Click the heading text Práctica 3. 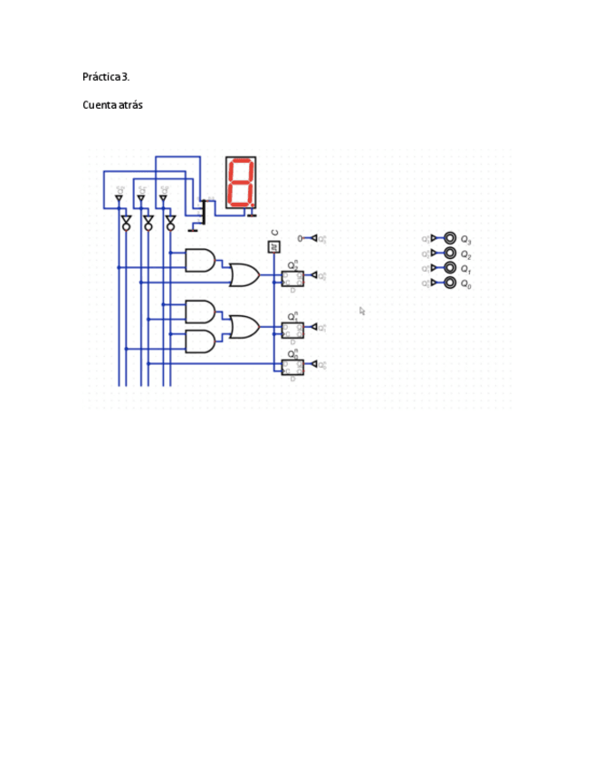(x=112, y=77)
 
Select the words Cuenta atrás (x=112, y=105)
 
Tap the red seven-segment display (x=241, y=183)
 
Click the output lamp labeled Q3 (x=450, y=238)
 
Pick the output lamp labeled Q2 (x=450, y=254)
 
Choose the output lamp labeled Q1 (x=450, y=268)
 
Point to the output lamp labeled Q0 (x=450, y=283)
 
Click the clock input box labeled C (x=274, y=246)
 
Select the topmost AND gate (x=200, y=260)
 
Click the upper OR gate (x=244, y=274)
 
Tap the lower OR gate (x=244, y=326)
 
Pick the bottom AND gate (x=200, y=341)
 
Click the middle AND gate (x=200, y=312)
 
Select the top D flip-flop (x=292, y=278)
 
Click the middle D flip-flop (x=292, y=330)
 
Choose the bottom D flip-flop (x=292, y=367)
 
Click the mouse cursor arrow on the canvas (x=362, y=311)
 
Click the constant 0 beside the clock (x=300, y=238)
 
